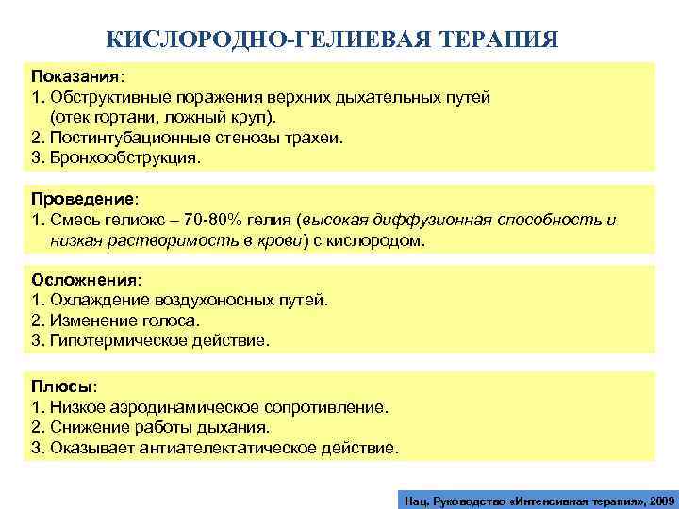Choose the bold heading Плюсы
(x=61, y=387)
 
